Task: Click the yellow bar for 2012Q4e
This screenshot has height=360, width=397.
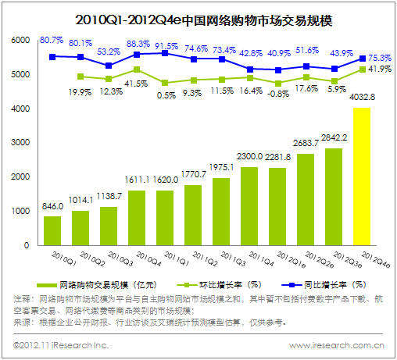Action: coord(361,176)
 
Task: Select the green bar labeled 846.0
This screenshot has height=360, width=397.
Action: coord(52,230)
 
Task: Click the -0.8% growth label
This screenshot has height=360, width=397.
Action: coord(277,93)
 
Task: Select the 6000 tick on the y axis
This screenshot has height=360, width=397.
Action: coord(20,40)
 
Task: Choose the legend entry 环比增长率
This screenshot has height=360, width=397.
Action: coord(221,286)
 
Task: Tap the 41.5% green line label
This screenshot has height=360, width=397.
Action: coord(136,82)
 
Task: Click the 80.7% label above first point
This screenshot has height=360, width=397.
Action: coord(51,39)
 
